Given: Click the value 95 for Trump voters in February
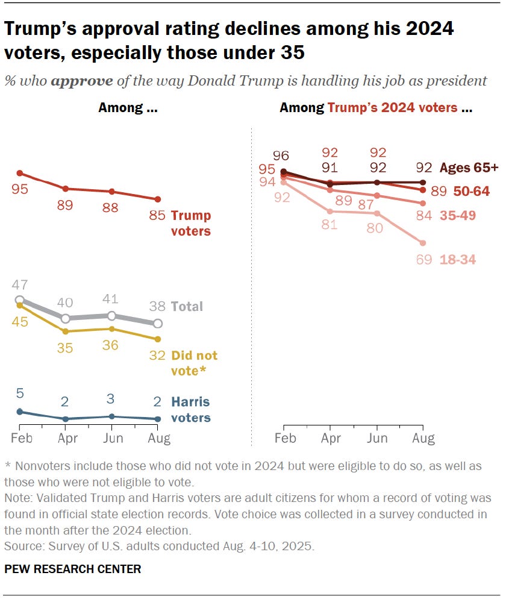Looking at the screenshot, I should click(x=19, y=189).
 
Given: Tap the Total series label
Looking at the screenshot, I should click(x=187, y=306).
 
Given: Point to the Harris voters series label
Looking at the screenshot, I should click(x=191, y=410).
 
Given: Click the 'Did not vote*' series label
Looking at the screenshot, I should click(x=194, y=363).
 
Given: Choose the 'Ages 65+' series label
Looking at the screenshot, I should click(x=469, y=168).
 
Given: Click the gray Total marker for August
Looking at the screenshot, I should click(x=158, y=324).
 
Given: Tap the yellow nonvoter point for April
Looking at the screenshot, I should click(x=65, y=331).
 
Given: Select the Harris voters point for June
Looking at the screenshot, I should click(x=111, y=416).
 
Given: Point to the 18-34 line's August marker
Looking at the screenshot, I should click(x=422, y=243).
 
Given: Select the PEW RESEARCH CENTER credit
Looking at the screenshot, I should click(x=72, y=569).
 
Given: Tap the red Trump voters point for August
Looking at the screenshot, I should click(x=158, y=199).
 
